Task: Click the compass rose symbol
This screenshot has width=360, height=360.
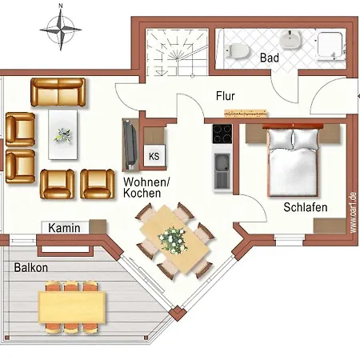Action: (x=61, y=30)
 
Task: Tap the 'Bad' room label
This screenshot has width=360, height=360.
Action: (x=269, y=58)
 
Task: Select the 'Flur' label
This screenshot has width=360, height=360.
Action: (x=226, y=96)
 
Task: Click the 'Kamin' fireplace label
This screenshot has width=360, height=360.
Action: (x=64, y=228)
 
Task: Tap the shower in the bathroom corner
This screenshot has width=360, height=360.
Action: (x=329, y=46)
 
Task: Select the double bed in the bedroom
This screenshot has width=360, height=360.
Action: (x=293, y=162)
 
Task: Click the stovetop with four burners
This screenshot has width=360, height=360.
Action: (x=222, y=135)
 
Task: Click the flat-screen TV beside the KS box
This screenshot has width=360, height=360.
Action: (x=128, y=144)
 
